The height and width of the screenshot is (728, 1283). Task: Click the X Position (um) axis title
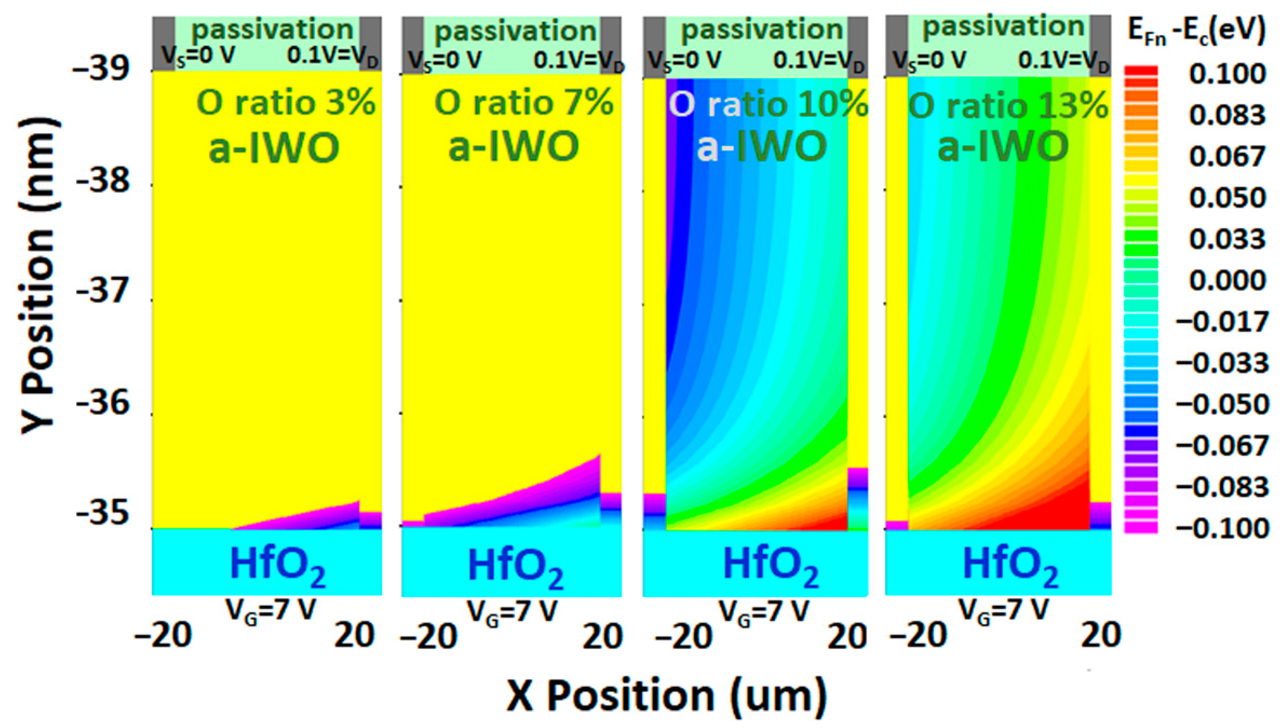click(x=666, y=696)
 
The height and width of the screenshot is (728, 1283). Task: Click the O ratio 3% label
click(x=285, y=104)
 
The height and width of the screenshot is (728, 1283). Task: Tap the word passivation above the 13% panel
click(x=1003, y=27)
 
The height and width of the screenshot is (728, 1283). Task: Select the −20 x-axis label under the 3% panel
click(x=164, y=636)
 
